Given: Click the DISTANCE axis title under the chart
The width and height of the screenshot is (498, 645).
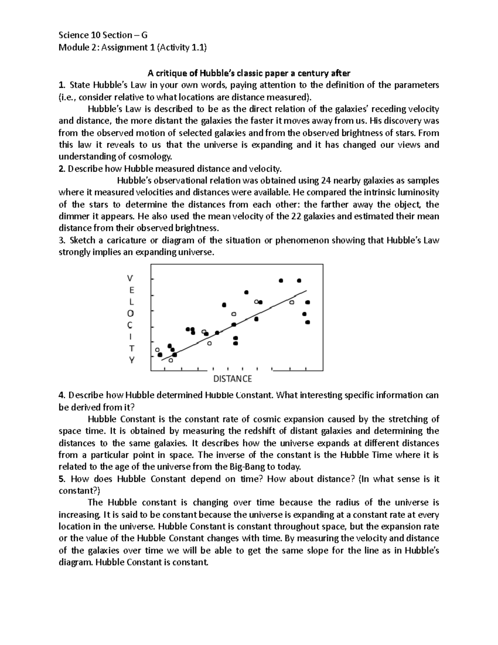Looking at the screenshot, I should point(232,379).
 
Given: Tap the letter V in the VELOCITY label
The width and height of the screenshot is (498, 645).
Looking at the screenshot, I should point(131,277).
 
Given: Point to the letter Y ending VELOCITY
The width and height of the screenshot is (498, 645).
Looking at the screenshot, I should point(131,360).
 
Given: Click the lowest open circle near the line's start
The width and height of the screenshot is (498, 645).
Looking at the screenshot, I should point(171,360).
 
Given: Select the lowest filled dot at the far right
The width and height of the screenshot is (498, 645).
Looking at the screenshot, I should point(308,322).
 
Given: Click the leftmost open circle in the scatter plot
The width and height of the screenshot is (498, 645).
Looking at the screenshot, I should point(157,350).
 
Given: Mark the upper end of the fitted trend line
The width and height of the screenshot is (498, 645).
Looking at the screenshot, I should point(306,290).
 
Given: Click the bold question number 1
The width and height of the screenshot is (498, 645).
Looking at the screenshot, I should point(61,86).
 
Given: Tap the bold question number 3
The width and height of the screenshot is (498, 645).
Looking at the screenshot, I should point(61,240).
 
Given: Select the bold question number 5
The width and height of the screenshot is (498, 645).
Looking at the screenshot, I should point(61,479).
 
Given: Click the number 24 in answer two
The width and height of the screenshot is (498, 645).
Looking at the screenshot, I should point(326,181).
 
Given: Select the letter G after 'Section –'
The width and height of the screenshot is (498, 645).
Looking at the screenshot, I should point(144,35).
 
